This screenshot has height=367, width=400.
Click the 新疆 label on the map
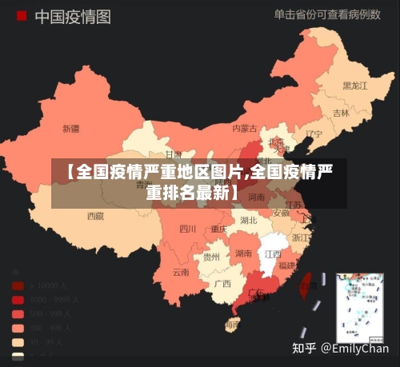(x=70, y=128)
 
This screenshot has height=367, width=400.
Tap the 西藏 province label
(x=95, y=215)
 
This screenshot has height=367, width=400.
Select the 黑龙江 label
(x=354, y=85)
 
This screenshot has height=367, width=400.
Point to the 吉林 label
(x=342, y=113)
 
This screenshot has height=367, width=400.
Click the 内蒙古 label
(x=245, y=128)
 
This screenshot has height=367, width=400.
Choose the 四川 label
(x=188, y=228)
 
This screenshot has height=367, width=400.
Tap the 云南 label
(x=181, y=272)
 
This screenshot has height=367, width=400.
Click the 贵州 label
(x=211, y=257)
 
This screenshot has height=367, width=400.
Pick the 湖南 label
(x=244, y=253)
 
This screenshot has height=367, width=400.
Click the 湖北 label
(x=249, y=220)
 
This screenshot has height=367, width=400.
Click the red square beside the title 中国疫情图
(x=21, y=15)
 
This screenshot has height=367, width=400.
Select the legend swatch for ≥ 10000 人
(x=18, y=285)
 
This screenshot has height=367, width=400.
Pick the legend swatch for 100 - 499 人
(x=18, y=328)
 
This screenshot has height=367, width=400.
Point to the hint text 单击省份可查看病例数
(x=326, y=14)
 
